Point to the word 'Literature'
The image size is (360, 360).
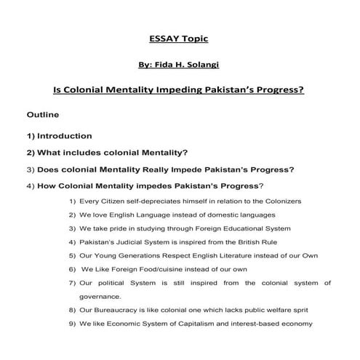click(207, 255)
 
